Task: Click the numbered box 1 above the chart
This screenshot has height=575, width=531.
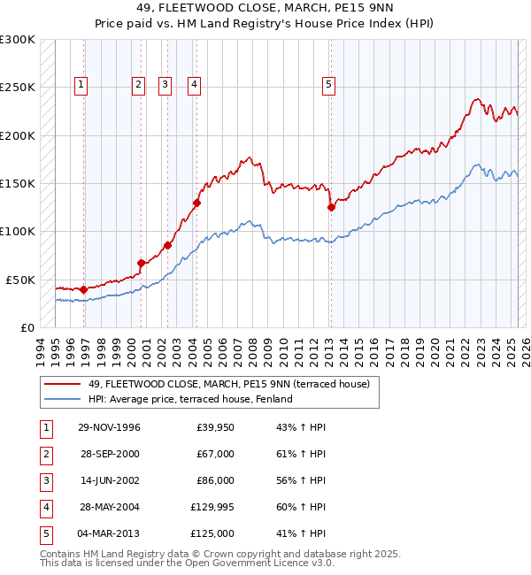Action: pos(81,85)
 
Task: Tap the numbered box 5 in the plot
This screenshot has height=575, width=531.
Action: pos(328,85)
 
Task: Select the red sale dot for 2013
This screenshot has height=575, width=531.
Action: pos(331,208)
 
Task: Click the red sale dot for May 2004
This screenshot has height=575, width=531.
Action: pos(196,203)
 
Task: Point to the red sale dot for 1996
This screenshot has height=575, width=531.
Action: pos(83,289)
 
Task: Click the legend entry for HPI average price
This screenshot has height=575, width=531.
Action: pos(189,399)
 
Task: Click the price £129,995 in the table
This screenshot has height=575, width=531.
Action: pos(212,507)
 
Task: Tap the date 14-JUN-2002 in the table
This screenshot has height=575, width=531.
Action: pos(109,480)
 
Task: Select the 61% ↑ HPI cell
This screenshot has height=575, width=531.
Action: pos(301,454)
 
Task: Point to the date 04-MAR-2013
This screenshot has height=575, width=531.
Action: pos(108,533)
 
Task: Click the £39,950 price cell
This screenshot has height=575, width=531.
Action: pos(215,427)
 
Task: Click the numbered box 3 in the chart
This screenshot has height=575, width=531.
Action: pos(165,85)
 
